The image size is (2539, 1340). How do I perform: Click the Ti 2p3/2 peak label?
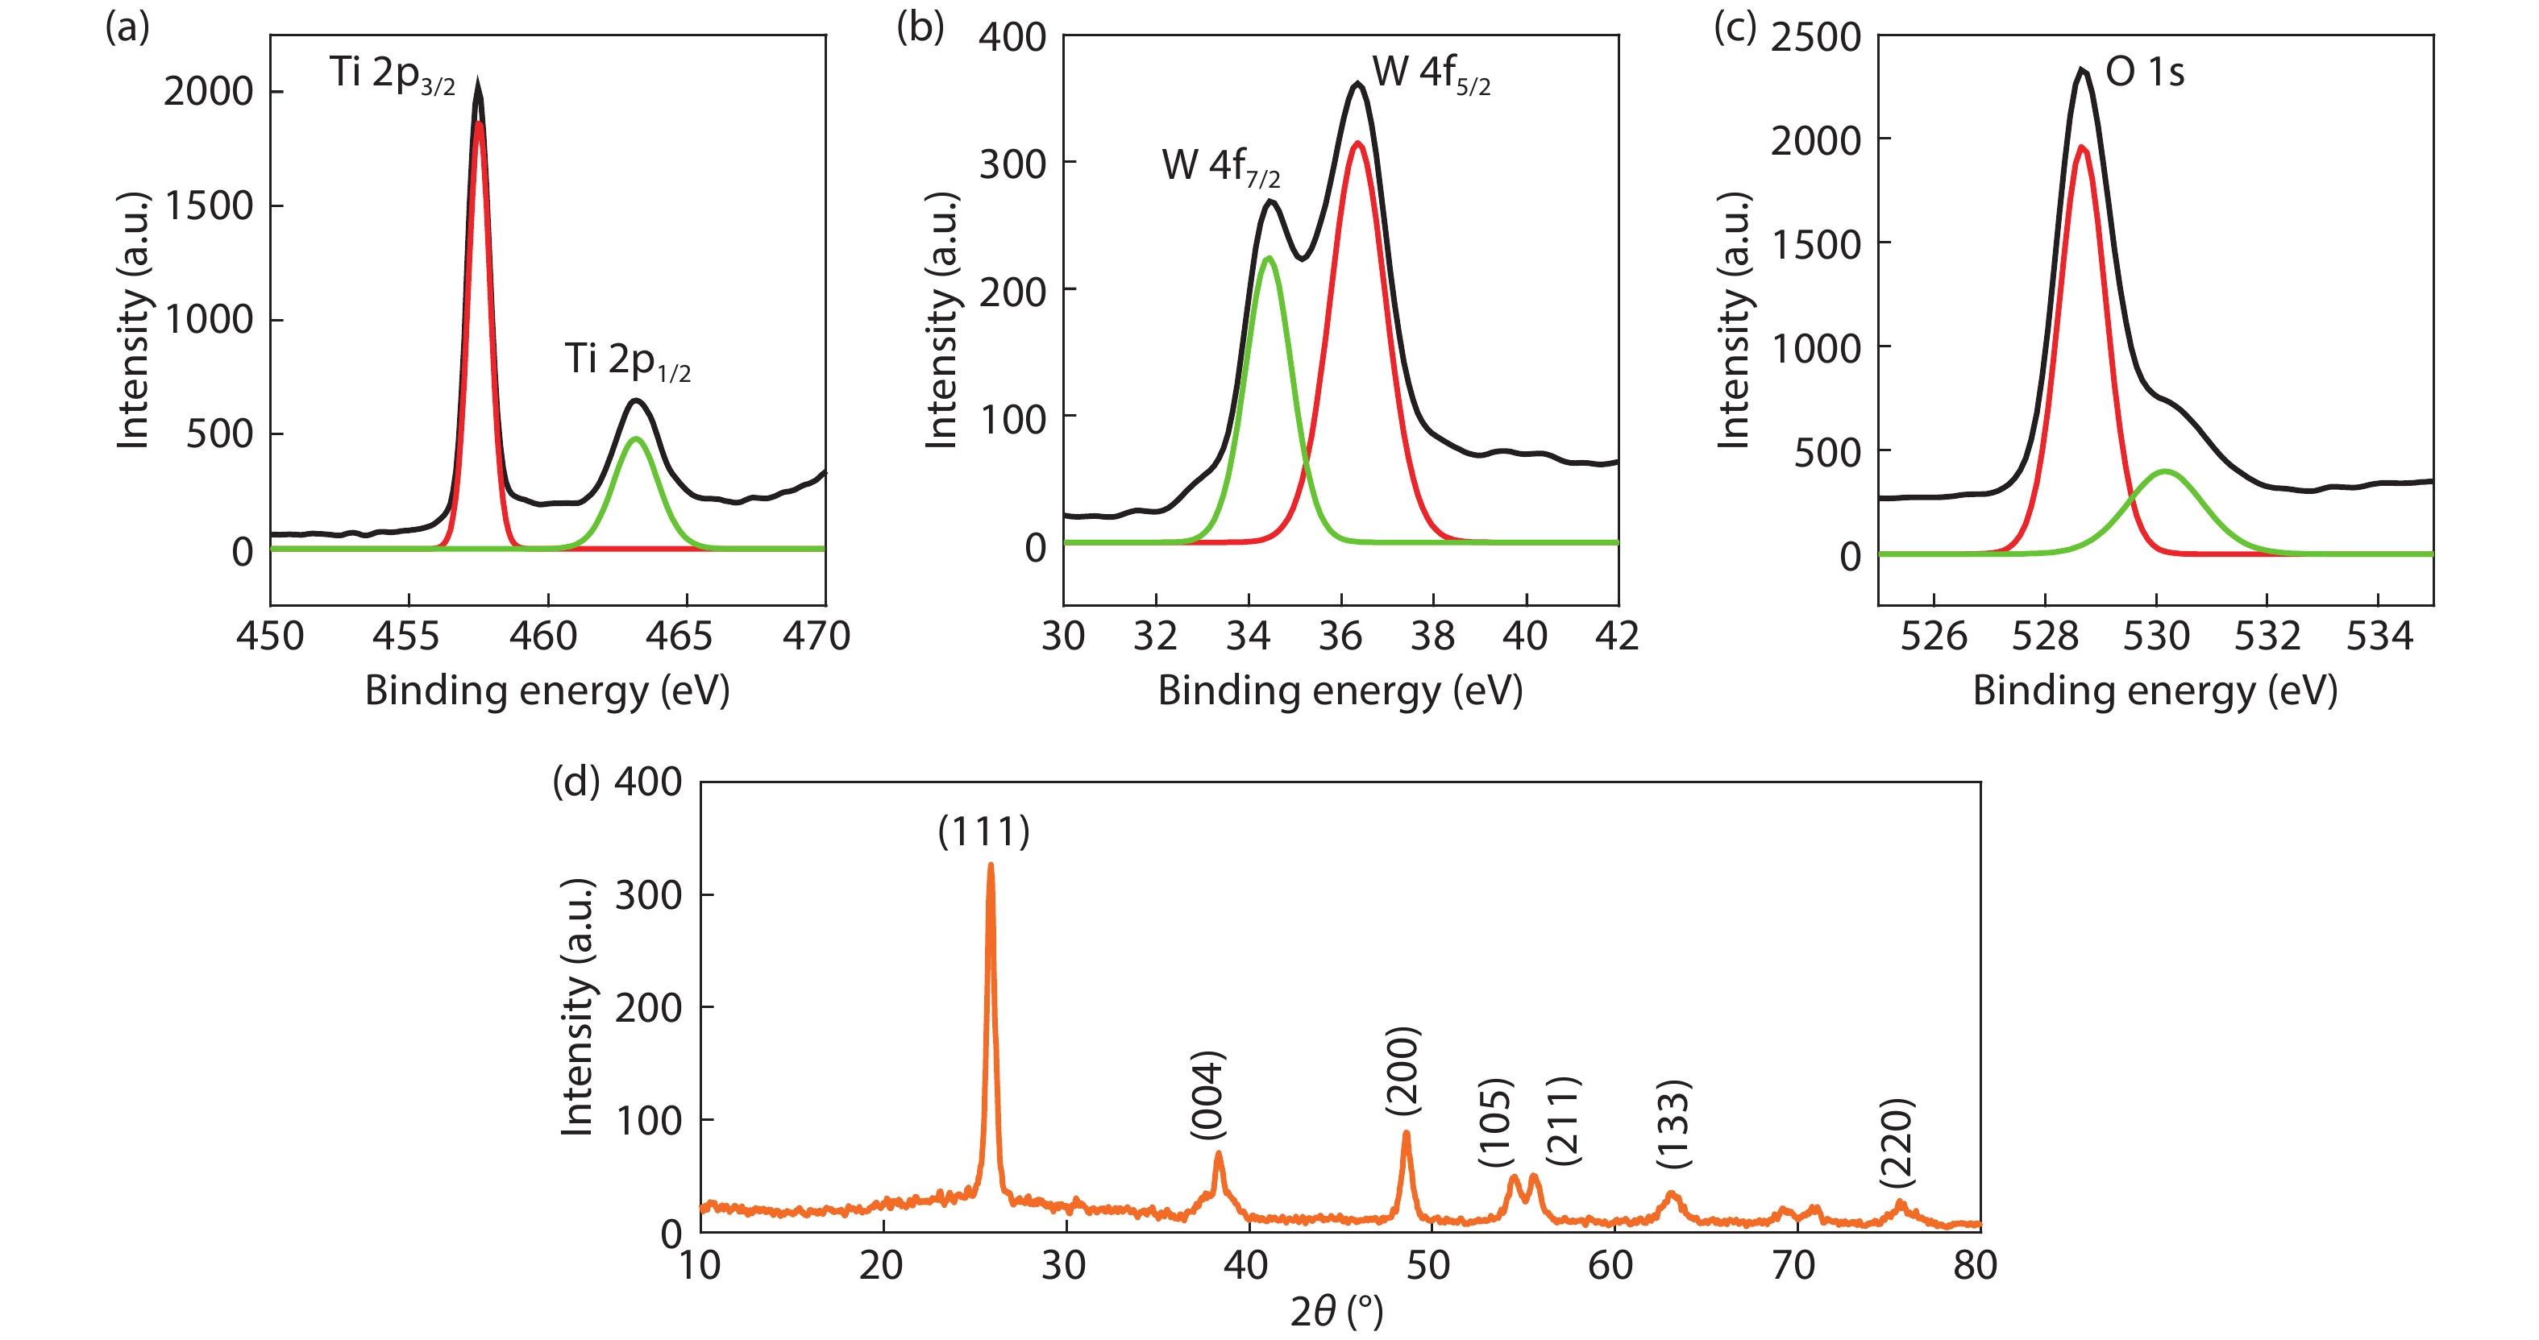click(391, 75)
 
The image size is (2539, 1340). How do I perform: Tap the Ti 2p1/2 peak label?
click(627, 362)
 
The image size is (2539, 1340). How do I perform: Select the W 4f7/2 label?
click(1220, 168)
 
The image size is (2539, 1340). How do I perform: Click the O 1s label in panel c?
click(2145, 72)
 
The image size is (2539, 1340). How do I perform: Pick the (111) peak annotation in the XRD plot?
click(983, 832)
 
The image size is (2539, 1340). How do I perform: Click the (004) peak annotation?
click(1207, 1095)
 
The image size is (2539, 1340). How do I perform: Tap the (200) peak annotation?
click(1402, 1071)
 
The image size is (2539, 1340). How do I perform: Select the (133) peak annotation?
click(1673, 1124)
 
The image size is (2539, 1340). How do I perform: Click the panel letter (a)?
click(127, 27)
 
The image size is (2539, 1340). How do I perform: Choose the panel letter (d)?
click(576, 782)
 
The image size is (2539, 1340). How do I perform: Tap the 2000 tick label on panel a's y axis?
click(208, 92)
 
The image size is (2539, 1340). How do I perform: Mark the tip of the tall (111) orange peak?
click(991, 866)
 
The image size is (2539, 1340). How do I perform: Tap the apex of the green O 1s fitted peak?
click(2166, 472)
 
